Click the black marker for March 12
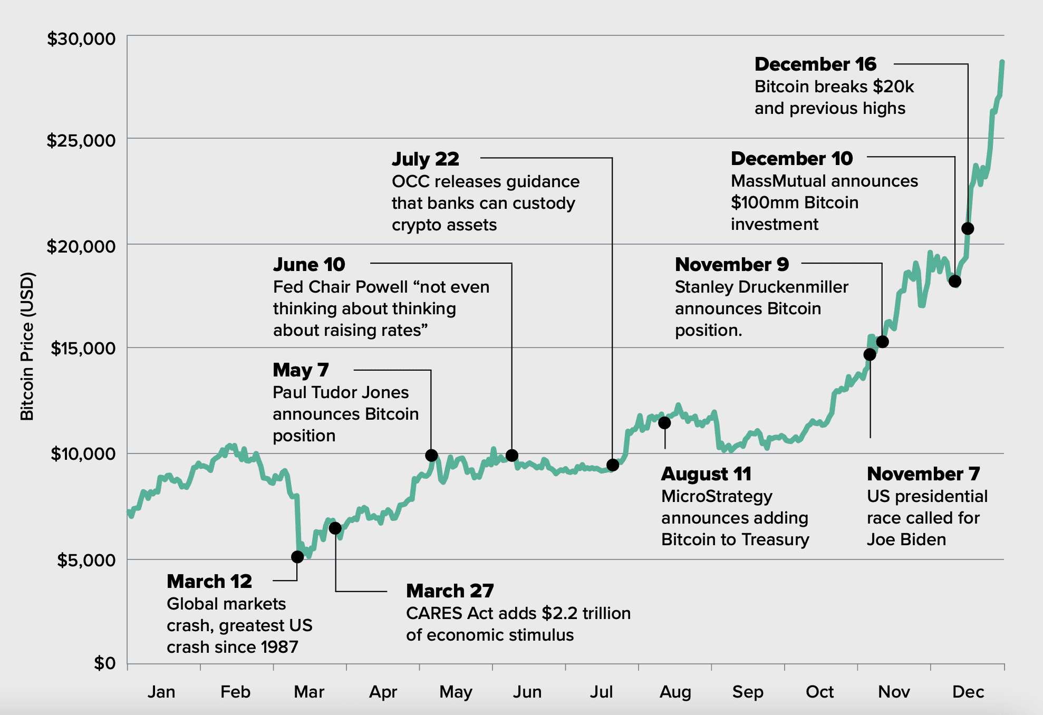tap(297, 557)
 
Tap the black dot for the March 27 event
tap(335, 528)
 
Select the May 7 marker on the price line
tap(431, 456)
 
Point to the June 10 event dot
tap(511, 456)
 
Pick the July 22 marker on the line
tap(613, 465)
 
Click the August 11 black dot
tap(664, 423)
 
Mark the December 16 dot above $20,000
tap(968, 229)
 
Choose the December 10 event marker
tap(955, 282)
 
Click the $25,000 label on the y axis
tap(81, 140)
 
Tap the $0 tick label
tap(105, 663)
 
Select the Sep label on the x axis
tap(748, 692)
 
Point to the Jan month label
tap(161, 692)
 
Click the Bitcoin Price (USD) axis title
tap(27, 346)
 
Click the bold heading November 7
tap(923, 474)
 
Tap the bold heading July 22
tap(426, 159)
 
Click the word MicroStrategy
tap(717, 497)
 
